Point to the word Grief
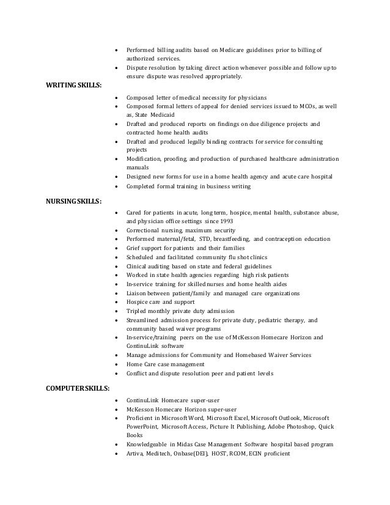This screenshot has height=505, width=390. pyautogui.click(x=134, y=248)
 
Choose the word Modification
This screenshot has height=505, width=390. pyautogui.click(x=147, y=158)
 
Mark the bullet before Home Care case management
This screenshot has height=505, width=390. pyautogui.click(x=116, y=364)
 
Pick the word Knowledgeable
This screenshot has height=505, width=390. pyautogui.click(x=148, y=444)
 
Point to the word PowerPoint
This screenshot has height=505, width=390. pyautogui.click(x=142, y=426)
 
